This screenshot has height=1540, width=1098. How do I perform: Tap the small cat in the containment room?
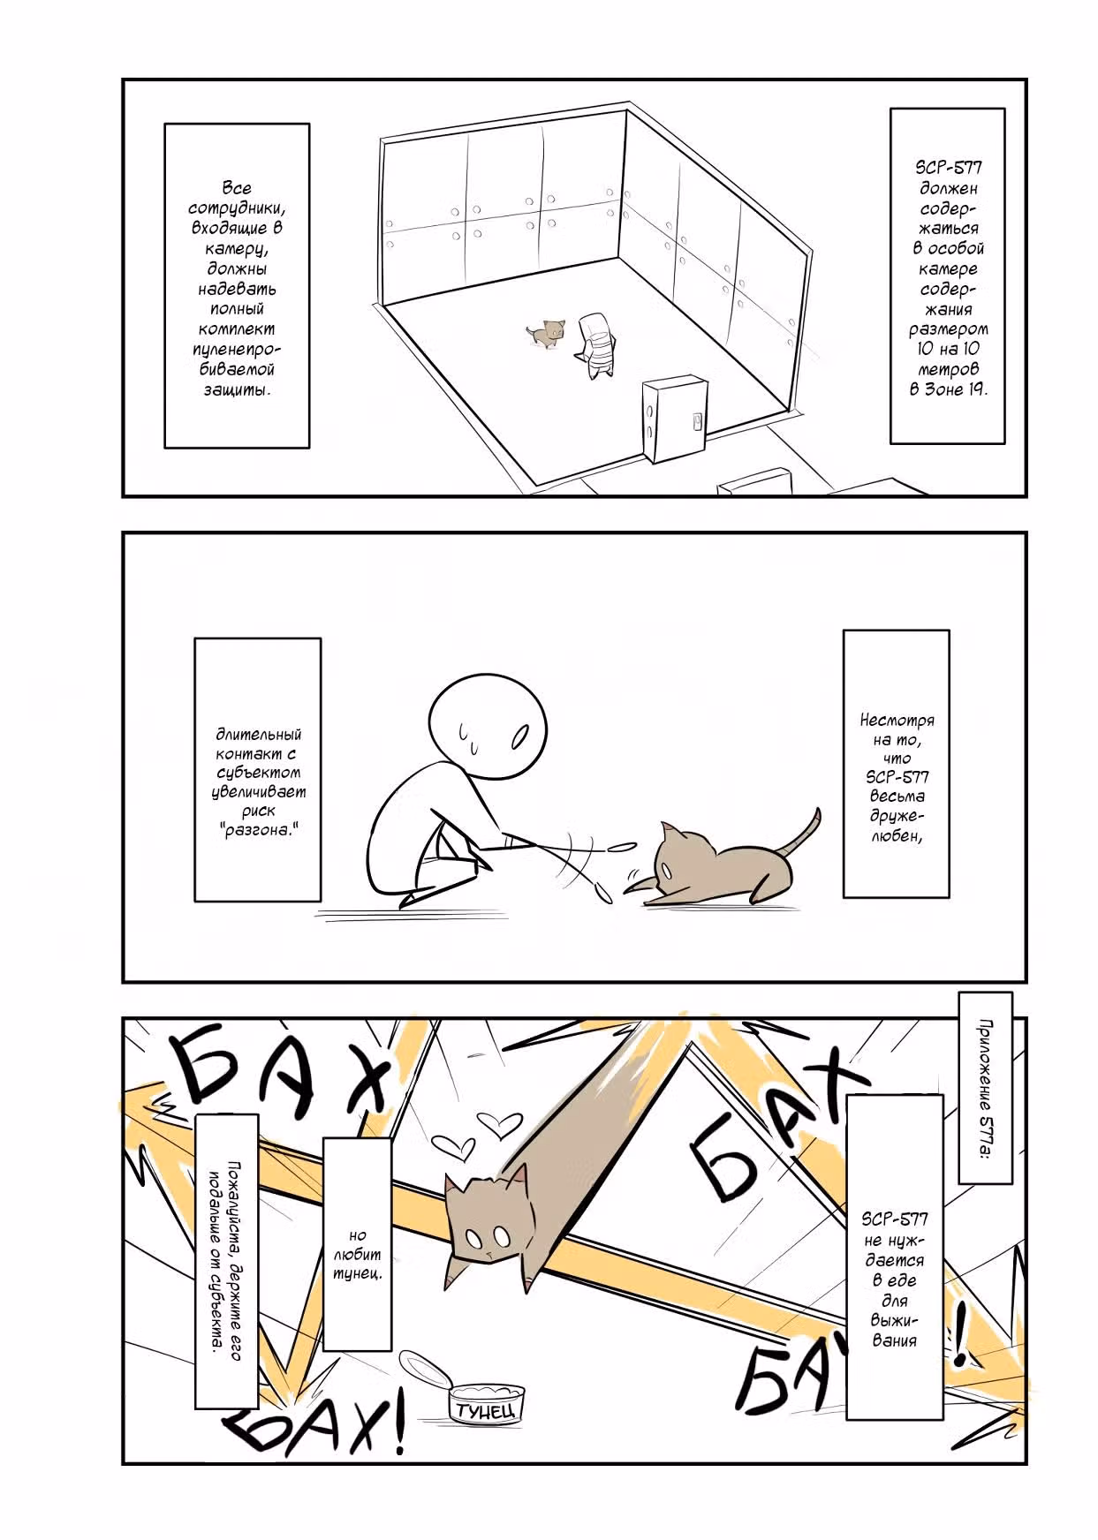(x=547, y=333)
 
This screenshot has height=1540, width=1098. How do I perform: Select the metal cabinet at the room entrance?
(x=675, y=420)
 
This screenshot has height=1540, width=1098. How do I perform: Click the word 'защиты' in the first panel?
(x=237, y=390)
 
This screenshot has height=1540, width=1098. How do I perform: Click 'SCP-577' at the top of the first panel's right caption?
(x=948, y=168)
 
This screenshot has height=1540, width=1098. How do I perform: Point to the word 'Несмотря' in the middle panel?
(x=897, y=720)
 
